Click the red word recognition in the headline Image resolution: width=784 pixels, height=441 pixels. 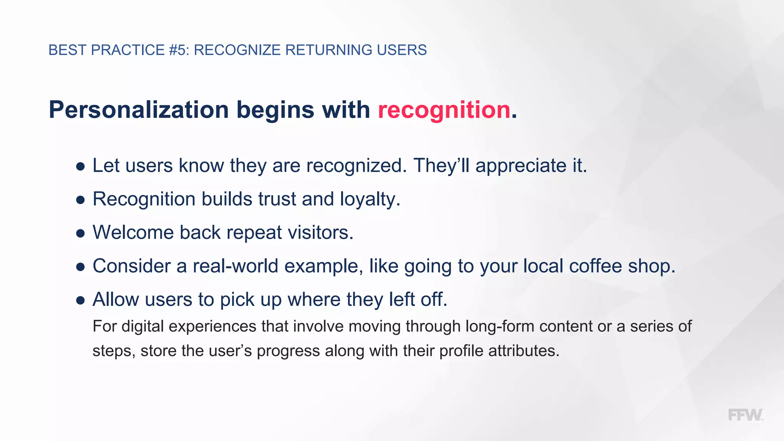[444, 110]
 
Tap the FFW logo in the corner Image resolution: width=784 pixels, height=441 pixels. [745, 415]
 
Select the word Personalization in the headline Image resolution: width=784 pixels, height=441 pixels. [139, 110]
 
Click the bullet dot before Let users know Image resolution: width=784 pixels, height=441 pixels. [80, 167]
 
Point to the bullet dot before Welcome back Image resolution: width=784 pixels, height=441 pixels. [80, 234]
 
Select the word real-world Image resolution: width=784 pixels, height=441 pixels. [235, 266]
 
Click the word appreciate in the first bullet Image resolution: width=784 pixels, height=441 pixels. [521, 166]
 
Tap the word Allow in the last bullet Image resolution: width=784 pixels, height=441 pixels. [116, 299]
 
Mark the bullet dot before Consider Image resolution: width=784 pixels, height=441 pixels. [80, 267]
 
